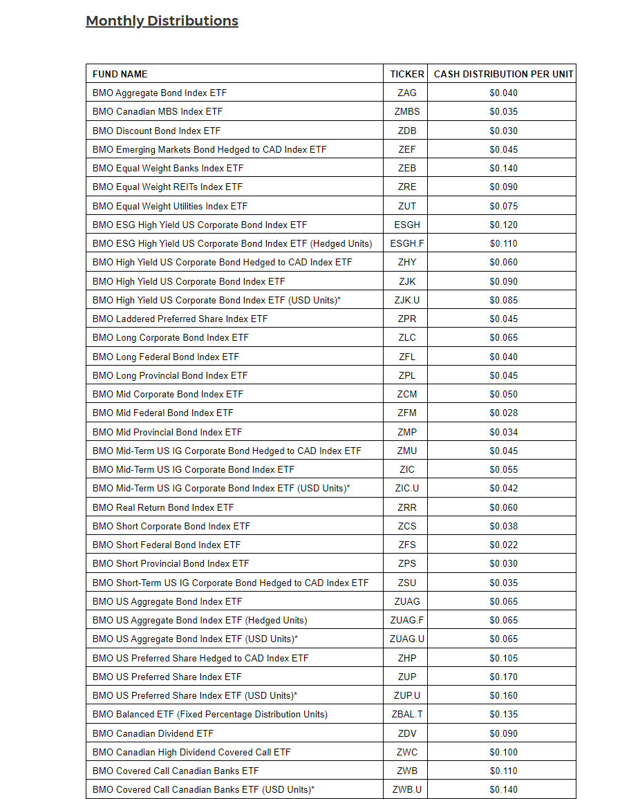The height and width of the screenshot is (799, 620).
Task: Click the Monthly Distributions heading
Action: [x=162, y=21]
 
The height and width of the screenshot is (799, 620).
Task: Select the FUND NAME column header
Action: [x=120, y=74]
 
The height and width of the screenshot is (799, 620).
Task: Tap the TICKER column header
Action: [x=407, y=74]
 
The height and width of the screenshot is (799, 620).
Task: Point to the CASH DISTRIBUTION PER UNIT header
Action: [x=503, y=74]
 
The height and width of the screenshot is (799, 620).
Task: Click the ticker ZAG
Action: [x=407, y=93]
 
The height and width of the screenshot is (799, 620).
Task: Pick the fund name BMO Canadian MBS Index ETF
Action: [x=158, y=111]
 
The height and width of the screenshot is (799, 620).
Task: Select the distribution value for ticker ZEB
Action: [x=503, y=168]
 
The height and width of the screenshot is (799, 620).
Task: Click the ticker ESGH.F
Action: [x=407, y=243]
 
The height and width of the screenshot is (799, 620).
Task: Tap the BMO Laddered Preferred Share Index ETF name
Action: [x=180, y=319]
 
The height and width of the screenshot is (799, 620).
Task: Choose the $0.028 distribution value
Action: [x=503, y=413]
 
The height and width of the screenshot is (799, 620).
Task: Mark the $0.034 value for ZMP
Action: [x=503, y=432]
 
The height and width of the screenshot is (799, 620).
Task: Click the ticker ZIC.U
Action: [x=407, y=488]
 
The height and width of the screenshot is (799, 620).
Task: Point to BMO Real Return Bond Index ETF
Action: [x=163, y=507]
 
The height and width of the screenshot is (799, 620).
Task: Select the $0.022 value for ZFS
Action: [x=503, y=545]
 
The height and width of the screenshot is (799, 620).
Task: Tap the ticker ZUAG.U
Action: [x=407, y=639]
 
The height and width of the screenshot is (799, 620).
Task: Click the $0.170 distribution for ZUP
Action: [x=503, y=677]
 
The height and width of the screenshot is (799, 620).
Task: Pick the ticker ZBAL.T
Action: [x=407, y=714]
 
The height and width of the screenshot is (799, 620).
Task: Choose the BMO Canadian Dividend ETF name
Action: [x=153, y=733]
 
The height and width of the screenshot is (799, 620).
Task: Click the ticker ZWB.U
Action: [x=407, y=789]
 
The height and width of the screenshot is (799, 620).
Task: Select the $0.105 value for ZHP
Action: [x=503, y=658]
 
